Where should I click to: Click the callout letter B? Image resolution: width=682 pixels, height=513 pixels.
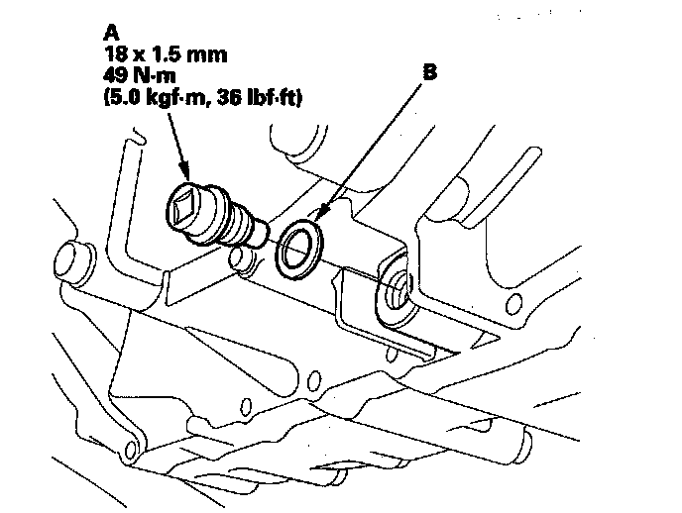click(x=431, y=73)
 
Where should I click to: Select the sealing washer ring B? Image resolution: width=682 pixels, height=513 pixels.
click(x=298, y=249)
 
